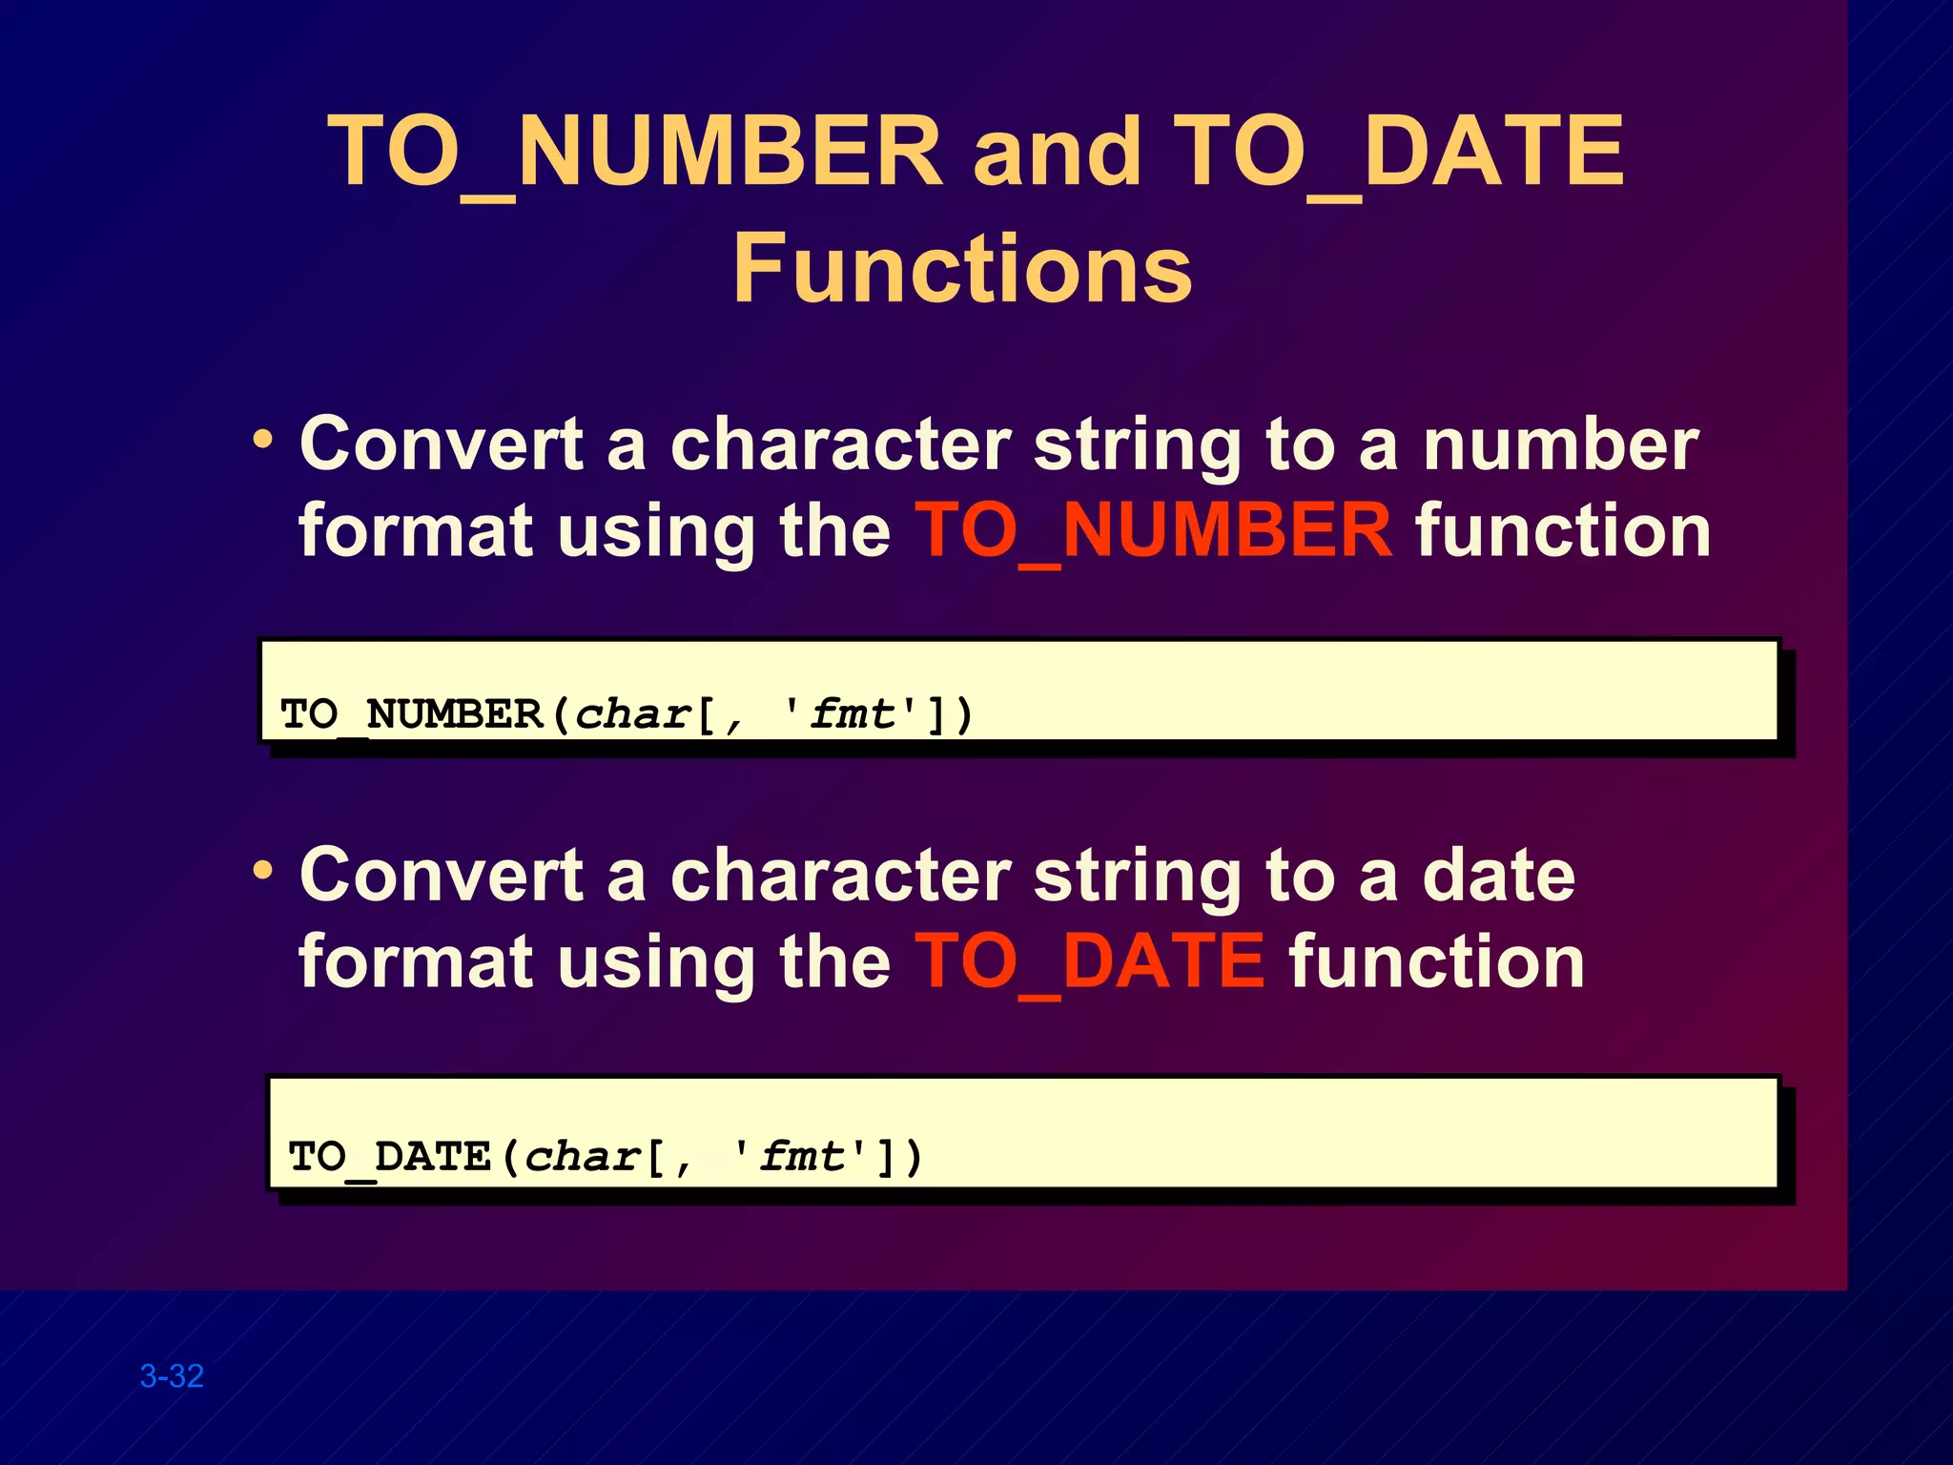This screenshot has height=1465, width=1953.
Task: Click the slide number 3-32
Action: pos(172,1376)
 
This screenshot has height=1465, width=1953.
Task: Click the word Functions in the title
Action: pos(962,269)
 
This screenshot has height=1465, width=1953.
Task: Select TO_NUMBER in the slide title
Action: pos(635,153)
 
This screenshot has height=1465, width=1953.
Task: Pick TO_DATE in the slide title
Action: pos(1398,153)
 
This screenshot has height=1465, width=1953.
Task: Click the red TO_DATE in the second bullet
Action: pos(1090,961)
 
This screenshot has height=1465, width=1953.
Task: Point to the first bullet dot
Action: pos(262,441)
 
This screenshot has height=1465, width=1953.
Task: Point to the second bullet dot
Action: pos(262,871)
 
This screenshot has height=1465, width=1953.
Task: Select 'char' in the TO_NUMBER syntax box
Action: pos(632,714)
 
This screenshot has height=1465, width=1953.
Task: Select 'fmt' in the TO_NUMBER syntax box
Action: pos(853,714)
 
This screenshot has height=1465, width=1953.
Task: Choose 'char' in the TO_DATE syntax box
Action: pos(582,1157)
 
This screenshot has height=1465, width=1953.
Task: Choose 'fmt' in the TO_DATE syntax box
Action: pos(802,1157)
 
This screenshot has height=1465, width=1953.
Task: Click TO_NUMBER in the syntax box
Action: pos(411,714)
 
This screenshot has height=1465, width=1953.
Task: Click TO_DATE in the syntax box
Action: pos(389,1157)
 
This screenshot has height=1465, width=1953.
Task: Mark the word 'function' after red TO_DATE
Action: pos(1437,961)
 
